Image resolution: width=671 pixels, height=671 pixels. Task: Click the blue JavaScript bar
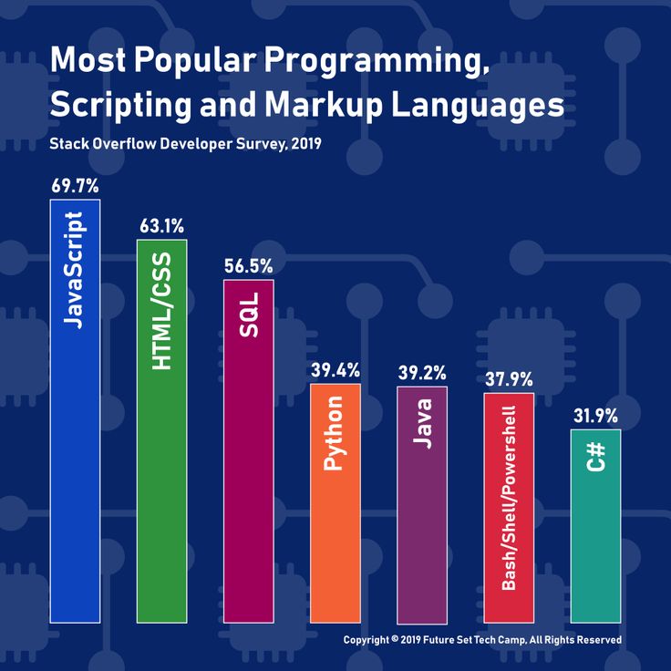coord(75,410)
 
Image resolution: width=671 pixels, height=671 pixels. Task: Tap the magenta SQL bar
coord(248,450)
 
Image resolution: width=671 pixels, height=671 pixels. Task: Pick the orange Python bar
coord(335,502)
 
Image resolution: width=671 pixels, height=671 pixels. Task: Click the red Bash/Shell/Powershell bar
coord(509,507)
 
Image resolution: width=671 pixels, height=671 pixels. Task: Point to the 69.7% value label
coord(75,186)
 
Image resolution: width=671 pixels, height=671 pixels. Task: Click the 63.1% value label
coord(161,226)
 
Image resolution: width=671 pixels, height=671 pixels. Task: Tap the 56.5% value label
coord(248,266)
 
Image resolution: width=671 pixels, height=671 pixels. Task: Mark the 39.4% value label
coord(335,370)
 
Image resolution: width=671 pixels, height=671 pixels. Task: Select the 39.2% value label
coord(422,372)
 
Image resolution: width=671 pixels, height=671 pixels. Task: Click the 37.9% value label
coord(509,379)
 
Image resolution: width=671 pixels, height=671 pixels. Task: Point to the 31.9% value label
coord(595,416)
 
